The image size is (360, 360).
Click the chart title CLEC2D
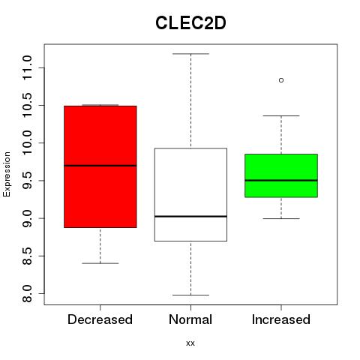click(190, 23)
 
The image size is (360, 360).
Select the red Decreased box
click(100, 166)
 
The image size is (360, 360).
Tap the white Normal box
click(190, 194)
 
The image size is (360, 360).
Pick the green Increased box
click(281, 175)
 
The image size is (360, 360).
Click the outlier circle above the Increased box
click(281, 80)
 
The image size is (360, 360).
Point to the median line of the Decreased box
click(100, 166)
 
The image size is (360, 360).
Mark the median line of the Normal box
click(190, 216)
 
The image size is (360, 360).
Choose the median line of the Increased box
click(281, 180)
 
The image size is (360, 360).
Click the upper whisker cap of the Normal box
click(190, 54)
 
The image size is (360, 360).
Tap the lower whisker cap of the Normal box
click(190, 295)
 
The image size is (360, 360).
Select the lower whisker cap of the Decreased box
click(100, 263)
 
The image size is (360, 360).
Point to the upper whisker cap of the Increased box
click(281, 115)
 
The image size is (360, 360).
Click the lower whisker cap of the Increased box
click(281, 218)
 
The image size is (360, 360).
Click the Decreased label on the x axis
click(100, 319)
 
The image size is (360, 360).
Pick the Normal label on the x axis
click(190, 319)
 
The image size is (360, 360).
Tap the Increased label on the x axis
click(281, 319)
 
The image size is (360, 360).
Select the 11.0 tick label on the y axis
click(27, 67)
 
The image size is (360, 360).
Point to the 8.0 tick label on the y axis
click(27, 294)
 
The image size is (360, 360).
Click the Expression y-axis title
click(7, 174)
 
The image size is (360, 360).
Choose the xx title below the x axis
click(190, 343)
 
